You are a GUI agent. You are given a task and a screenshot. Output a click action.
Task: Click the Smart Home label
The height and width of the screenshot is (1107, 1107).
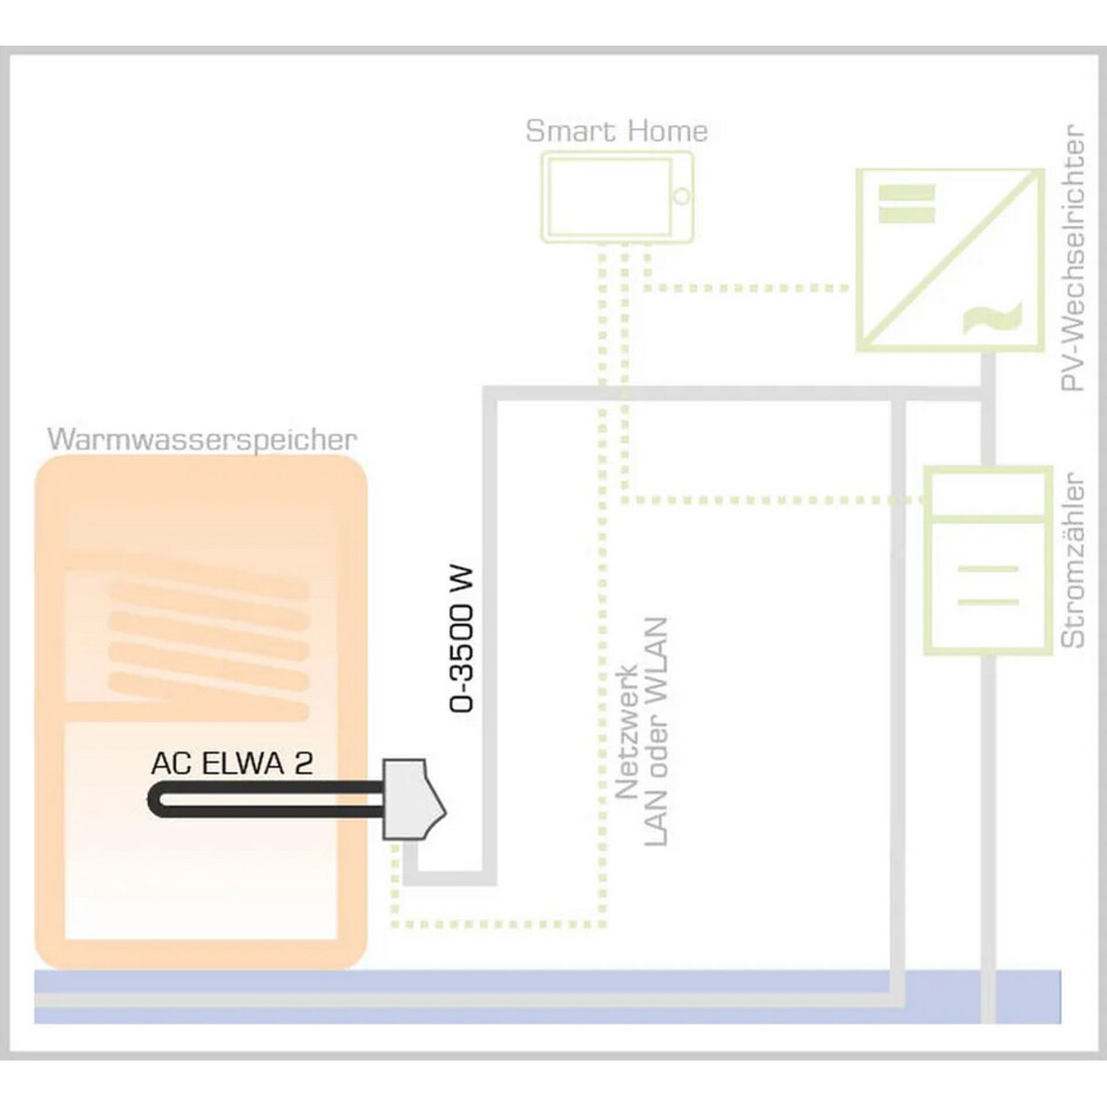click(x=617, y=131)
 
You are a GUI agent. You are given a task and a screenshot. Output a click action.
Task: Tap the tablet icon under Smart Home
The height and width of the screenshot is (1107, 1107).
click(x=617, y=197)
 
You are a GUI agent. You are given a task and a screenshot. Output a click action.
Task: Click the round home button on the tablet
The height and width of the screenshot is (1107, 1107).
click(x=681, y=196)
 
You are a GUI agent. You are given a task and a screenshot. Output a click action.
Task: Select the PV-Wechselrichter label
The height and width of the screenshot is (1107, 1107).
click(x=1074, y=259)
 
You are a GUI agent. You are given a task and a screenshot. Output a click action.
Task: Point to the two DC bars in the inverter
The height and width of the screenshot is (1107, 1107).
click(x=906, y=204)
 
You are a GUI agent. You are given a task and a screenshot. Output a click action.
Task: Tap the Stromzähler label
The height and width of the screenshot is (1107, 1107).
click(x=1074, y=560)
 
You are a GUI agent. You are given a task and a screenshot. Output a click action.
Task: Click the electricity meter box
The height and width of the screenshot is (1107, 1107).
click(x=988, y=561)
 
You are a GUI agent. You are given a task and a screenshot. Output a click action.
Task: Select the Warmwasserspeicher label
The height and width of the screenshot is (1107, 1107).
click(x=202, y=440)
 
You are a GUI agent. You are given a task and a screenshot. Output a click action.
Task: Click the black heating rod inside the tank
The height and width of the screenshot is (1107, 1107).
click(x=266, y=801)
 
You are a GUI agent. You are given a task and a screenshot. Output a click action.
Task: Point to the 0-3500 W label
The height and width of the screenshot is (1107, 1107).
click(x=461, y=639)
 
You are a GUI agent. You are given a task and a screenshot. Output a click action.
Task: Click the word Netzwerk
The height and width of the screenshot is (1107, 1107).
click(x=627, y=731)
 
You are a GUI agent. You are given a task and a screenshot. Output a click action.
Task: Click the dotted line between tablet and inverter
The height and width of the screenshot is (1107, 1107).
click(x=746, y=288)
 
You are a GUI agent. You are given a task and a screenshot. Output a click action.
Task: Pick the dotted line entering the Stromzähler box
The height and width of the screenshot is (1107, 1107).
click(x=773, y=500)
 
